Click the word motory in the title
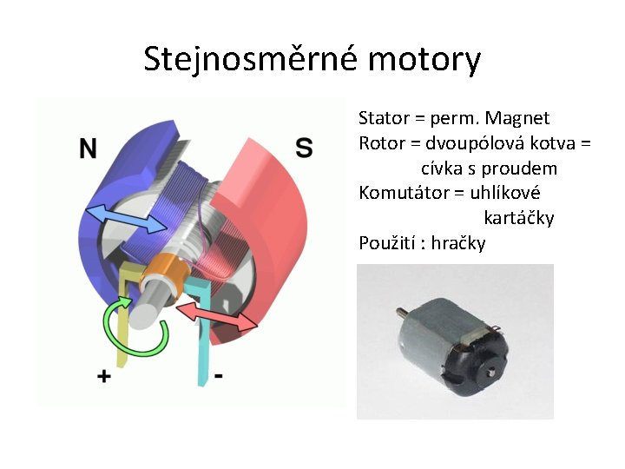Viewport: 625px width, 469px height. (424, 59)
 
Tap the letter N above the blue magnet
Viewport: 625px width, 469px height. (88, 149)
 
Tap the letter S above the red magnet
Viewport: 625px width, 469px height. (304, 148)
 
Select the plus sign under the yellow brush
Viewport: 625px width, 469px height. (104, 376)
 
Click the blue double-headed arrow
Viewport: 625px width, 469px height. (128, 218)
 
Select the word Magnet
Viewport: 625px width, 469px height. (517, 118)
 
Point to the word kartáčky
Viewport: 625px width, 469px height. (518, 218)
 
